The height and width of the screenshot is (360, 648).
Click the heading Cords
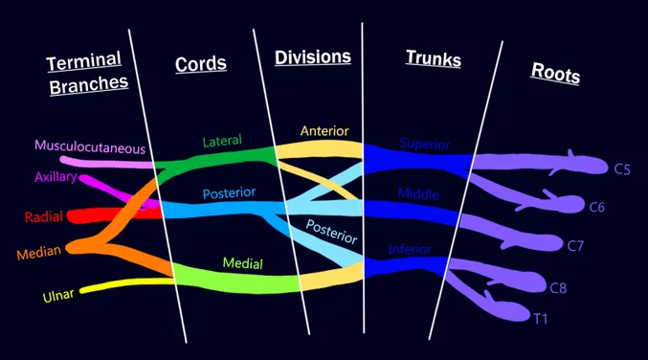click(x=200, y=63)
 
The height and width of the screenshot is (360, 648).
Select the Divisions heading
click(x=313, y=57)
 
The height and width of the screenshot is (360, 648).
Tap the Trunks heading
click(x=434, y=57)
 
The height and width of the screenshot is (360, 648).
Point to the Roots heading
click(x=555, y=73)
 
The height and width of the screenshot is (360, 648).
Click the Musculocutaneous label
click(x=90, y=146)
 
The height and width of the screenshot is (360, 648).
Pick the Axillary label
click(x=56, y=177)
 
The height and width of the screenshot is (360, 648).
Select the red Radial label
click(x=44, y=216)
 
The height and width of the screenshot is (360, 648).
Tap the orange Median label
click(x=39, y=252)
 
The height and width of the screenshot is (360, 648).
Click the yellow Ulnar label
click(x=58, y=295)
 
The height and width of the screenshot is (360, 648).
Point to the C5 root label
click(x=622, y=169)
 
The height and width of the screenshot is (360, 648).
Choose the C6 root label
click(x=596, y=207)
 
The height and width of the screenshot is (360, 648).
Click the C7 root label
click(x=575, y=246)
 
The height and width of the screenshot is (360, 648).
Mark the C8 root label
click(x=558, y=287)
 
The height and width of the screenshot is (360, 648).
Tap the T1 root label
click(x=540, y=319)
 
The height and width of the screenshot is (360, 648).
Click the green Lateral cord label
click(x=222, y=141)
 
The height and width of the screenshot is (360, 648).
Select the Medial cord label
click(x=242, y=263)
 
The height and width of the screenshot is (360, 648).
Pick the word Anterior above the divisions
click(x=324, y=131)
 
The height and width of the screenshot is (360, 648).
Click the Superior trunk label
click(x=424, y=144)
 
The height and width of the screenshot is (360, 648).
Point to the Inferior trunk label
click(x=410, y=249)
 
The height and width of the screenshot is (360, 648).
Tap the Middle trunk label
click(x=418, y=193)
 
